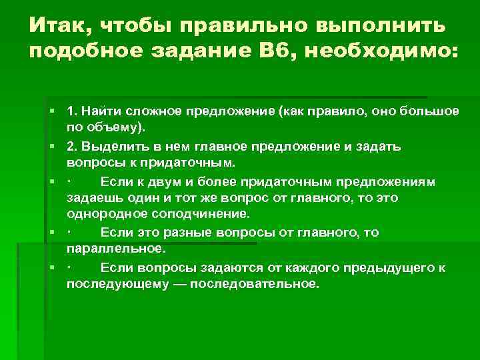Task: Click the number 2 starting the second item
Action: (70, 145)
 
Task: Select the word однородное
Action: (107, 214)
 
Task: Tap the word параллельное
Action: (114, 249)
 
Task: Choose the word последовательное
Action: (257, 283)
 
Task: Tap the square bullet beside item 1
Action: (51, 110)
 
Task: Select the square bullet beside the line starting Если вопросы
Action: (51, 267)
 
